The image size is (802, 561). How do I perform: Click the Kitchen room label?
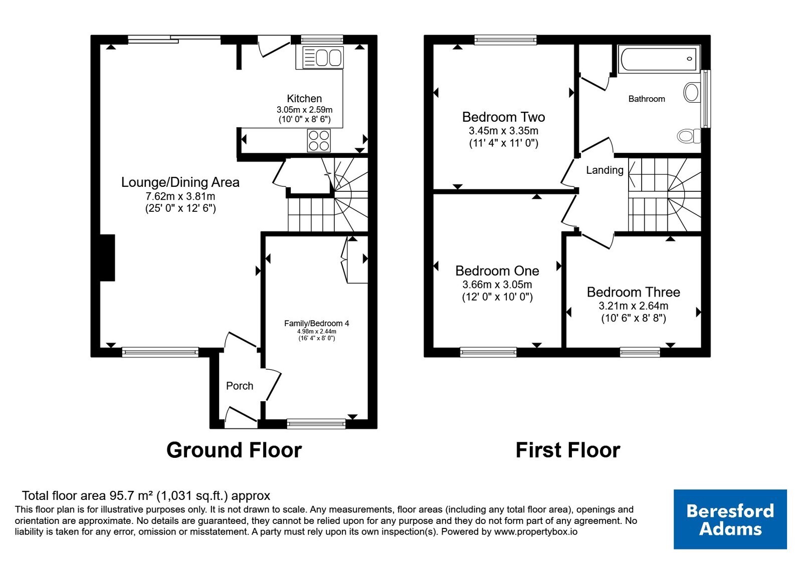304,98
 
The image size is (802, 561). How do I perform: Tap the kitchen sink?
323,57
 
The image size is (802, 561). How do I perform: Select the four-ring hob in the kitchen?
319,141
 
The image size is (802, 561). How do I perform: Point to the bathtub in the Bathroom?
659,59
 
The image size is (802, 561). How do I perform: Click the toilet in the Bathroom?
689,136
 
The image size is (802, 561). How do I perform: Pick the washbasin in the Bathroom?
691,92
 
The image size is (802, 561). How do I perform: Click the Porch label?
240,386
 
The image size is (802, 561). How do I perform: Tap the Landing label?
605,170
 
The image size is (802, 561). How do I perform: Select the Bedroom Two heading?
503,117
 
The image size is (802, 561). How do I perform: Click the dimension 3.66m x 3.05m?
497,285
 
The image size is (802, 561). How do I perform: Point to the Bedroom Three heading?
634,292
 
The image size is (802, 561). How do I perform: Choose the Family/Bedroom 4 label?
316,323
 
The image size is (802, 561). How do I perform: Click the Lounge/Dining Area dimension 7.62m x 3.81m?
180,196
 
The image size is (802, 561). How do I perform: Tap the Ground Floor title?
234,450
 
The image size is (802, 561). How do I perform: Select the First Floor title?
568,450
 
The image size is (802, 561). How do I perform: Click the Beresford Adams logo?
730,519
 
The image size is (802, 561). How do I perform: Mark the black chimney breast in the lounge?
107,257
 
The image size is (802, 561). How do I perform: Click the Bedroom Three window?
640,353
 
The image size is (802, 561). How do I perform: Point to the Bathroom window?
706,99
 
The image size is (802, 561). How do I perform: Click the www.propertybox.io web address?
536,531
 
